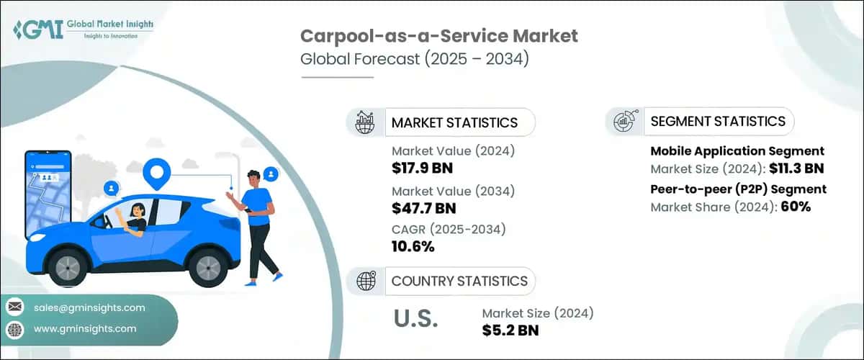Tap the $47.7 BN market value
click(x=425, y=207)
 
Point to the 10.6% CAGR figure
click(x=413, y=247)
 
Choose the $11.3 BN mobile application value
click(x=792, y=169)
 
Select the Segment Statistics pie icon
click(x=624, y=121)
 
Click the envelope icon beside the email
click(x=14, y=307)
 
